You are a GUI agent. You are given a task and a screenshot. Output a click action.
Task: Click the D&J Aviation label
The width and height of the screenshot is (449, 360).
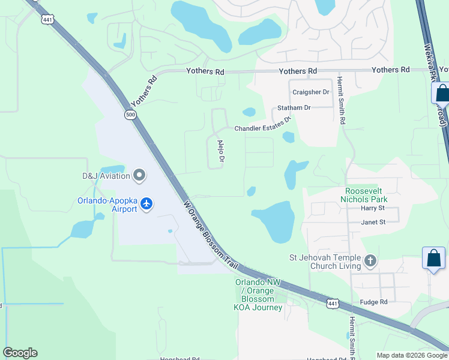pos(106,176)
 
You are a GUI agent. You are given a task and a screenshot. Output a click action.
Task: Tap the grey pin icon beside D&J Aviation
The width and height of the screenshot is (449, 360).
pos(139,175)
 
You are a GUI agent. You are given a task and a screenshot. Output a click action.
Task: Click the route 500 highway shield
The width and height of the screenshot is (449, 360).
pos(131,115)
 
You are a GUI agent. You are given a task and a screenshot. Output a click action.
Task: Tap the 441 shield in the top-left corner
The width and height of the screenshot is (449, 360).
pos(47,19)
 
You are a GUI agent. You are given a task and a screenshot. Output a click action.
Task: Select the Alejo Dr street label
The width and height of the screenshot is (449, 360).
pos(220,151)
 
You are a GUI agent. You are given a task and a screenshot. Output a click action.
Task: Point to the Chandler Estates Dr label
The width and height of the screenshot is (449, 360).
pos(262,125)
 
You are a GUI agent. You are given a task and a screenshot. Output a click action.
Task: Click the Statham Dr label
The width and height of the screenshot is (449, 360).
pos(294,108)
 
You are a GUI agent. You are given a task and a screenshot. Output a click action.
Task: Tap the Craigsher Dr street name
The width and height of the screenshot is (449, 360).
pos(311,92)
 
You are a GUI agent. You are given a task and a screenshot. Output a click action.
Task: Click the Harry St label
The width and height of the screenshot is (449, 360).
pos(372,208)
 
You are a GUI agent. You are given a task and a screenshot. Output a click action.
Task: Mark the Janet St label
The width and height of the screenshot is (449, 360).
pos(372,222)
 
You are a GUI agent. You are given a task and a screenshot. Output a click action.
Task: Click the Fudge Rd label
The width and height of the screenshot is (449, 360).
pos(374,302)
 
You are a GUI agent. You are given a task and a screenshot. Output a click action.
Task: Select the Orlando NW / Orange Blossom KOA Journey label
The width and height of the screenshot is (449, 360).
pos(258,295)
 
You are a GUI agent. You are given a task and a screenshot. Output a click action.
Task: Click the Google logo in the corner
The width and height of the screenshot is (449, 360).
pos(20,353)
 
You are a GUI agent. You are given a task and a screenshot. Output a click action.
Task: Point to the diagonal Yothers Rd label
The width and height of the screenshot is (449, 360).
pos(143,90)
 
